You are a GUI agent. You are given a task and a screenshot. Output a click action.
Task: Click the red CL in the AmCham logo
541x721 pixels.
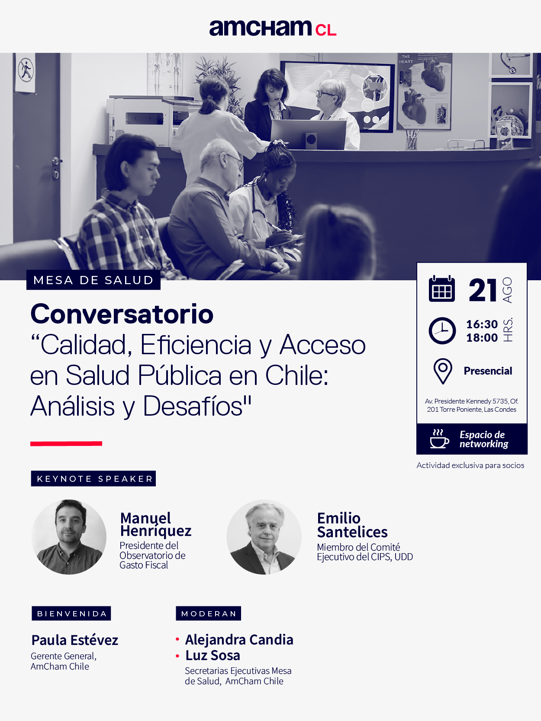coord(326,30)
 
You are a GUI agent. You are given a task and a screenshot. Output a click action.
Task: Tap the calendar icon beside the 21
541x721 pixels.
coord(442,289)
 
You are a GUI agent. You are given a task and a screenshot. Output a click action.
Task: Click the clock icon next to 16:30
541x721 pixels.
coord(442,330)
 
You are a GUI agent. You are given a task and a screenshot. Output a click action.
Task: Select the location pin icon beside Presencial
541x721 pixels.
coord(443,371)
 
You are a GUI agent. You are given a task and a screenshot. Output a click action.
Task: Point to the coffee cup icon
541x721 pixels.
coord(439,439)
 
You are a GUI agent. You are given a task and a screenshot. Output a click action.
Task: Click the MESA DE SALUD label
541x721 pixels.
coord(93,280)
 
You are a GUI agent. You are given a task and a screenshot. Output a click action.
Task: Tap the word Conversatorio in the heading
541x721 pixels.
coord(122,314)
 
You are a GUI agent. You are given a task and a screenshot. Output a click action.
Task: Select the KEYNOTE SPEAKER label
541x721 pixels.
coord(93,479)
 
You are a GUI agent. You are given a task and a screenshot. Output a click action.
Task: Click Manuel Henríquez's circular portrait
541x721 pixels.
coord(69,537)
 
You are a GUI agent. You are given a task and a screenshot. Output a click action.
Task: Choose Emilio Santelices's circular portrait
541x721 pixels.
coord(264,537)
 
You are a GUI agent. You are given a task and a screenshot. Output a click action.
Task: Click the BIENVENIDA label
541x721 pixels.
coord(71,614)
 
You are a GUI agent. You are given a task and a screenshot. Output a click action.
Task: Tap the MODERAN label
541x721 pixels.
coord(208,614)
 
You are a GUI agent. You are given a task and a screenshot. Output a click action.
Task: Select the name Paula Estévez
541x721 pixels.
coord(74,640)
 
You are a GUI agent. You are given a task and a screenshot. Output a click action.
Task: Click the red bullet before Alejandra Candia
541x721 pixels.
coord(177,639)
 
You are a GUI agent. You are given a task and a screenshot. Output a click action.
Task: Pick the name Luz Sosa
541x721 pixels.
coord(213,656)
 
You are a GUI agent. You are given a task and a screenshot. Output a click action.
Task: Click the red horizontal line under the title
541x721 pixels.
coord(66,443)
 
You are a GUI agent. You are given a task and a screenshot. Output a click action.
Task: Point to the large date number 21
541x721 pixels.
coord(483,290)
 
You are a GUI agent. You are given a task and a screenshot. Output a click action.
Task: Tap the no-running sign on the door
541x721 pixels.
coord(26,70)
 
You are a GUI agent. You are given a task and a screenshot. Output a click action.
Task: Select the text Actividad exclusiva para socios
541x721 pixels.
coord(470,465)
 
